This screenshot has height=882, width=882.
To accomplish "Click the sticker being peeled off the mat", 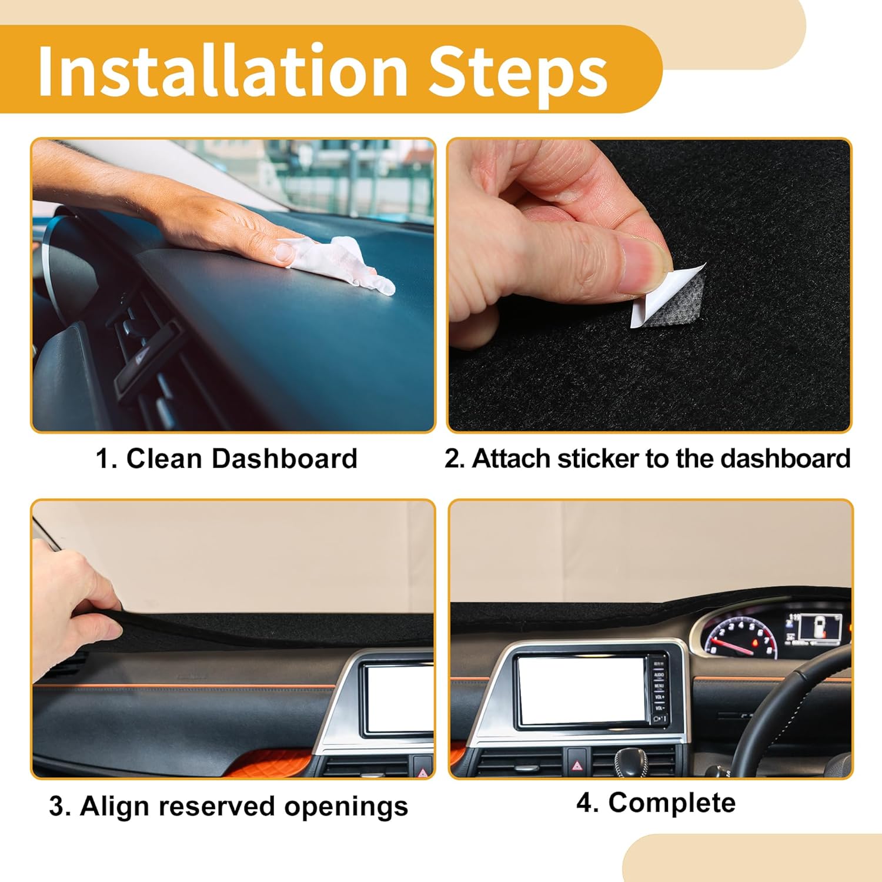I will coord(670,297).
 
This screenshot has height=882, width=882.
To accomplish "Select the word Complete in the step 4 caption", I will coord(671,803).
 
